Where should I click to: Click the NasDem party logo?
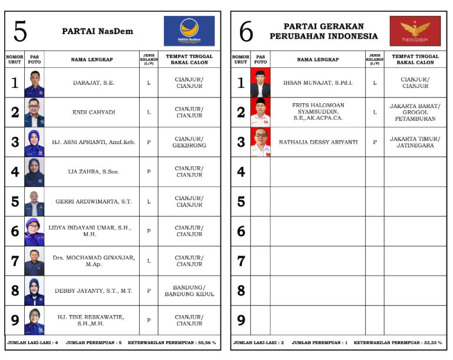[189, 31]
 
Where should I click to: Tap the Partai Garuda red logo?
[415, 31]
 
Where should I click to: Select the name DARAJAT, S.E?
[92, 83]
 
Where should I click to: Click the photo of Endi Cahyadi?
[34, 113]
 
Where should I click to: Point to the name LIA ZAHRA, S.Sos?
[92, 172]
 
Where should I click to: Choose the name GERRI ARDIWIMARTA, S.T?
[92, 201]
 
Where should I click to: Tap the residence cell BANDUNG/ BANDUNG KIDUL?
[189, 290]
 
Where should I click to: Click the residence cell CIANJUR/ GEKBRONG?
[189, 142]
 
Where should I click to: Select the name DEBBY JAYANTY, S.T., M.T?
[92, 290]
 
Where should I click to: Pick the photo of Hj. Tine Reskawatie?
[34, 320]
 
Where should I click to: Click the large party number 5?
[20, 31]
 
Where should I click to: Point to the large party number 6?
[246, 31]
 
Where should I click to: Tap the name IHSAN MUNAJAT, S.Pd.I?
[317, 83]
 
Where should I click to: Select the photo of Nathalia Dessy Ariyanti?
[260, 142]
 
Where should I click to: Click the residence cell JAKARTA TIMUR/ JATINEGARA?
[415, 142]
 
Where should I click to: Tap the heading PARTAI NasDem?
[97, 31]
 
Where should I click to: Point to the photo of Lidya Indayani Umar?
[34, 231]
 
